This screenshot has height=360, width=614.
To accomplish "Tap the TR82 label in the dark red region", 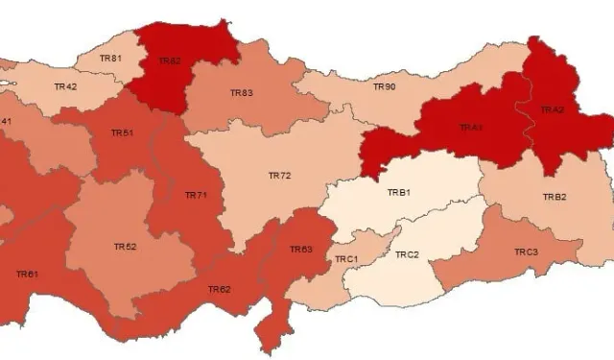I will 169,61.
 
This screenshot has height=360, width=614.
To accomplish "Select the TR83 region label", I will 242,93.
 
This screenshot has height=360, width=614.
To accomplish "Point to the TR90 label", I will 384,87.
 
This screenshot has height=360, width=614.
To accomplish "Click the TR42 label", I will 65,87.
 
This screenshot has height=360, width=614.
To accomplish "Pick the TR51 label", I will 122,132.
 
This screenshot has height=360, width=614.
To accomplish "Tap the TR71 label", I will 196,195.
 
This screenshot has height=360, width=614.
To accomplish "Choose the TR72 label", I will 279,176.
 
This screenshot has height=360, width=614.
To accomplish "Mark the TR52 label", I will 125,247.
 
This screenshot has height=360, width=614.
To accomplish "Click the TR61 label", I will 27,275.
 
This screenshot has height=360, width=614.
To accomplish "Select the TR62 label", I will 219,289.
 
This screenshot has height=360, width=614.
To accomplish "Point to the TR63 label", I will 300,250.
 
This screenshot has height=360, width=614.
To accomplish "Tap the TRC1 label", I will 345,260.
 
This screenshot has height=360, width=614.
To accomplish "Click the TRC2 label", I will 407,254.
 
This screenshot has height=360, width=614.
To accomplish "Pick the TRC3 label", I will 526,252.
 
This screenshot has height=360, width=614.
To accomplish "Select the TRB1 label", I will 398,193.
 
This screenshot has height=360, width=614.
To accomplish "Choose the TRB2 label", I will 555,197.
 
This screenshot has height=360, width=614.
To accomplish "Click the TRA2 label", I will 552,110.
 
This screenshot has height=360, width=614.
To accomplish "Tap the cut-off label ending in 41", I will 5,121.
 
